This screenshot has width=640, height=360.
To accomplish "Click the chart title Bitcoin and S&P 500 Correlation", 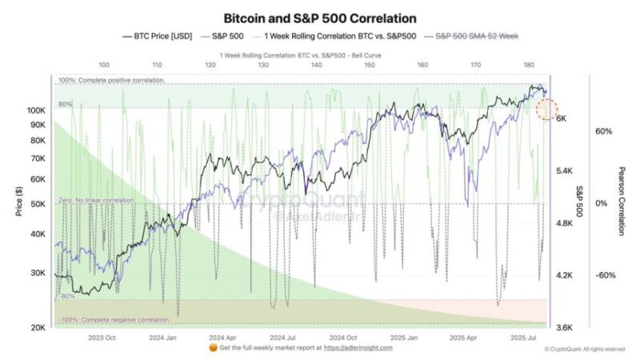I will click(x=320, y=18).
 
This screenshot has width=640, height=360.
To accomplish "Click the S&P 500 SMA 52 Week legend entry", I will click(x=474, y=37).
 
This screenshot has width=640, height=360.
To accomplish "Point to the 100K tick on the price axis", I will click(x=37, y=110).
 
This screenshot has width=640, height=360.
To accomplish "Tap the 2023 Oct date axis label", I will click(x=103, y=338).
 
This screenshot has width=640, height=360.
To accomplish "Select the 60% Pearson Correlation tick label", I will click(x=604, y=131).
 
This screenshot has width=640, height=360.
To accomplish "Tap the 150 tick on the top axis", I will click(x=370, y=65).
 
